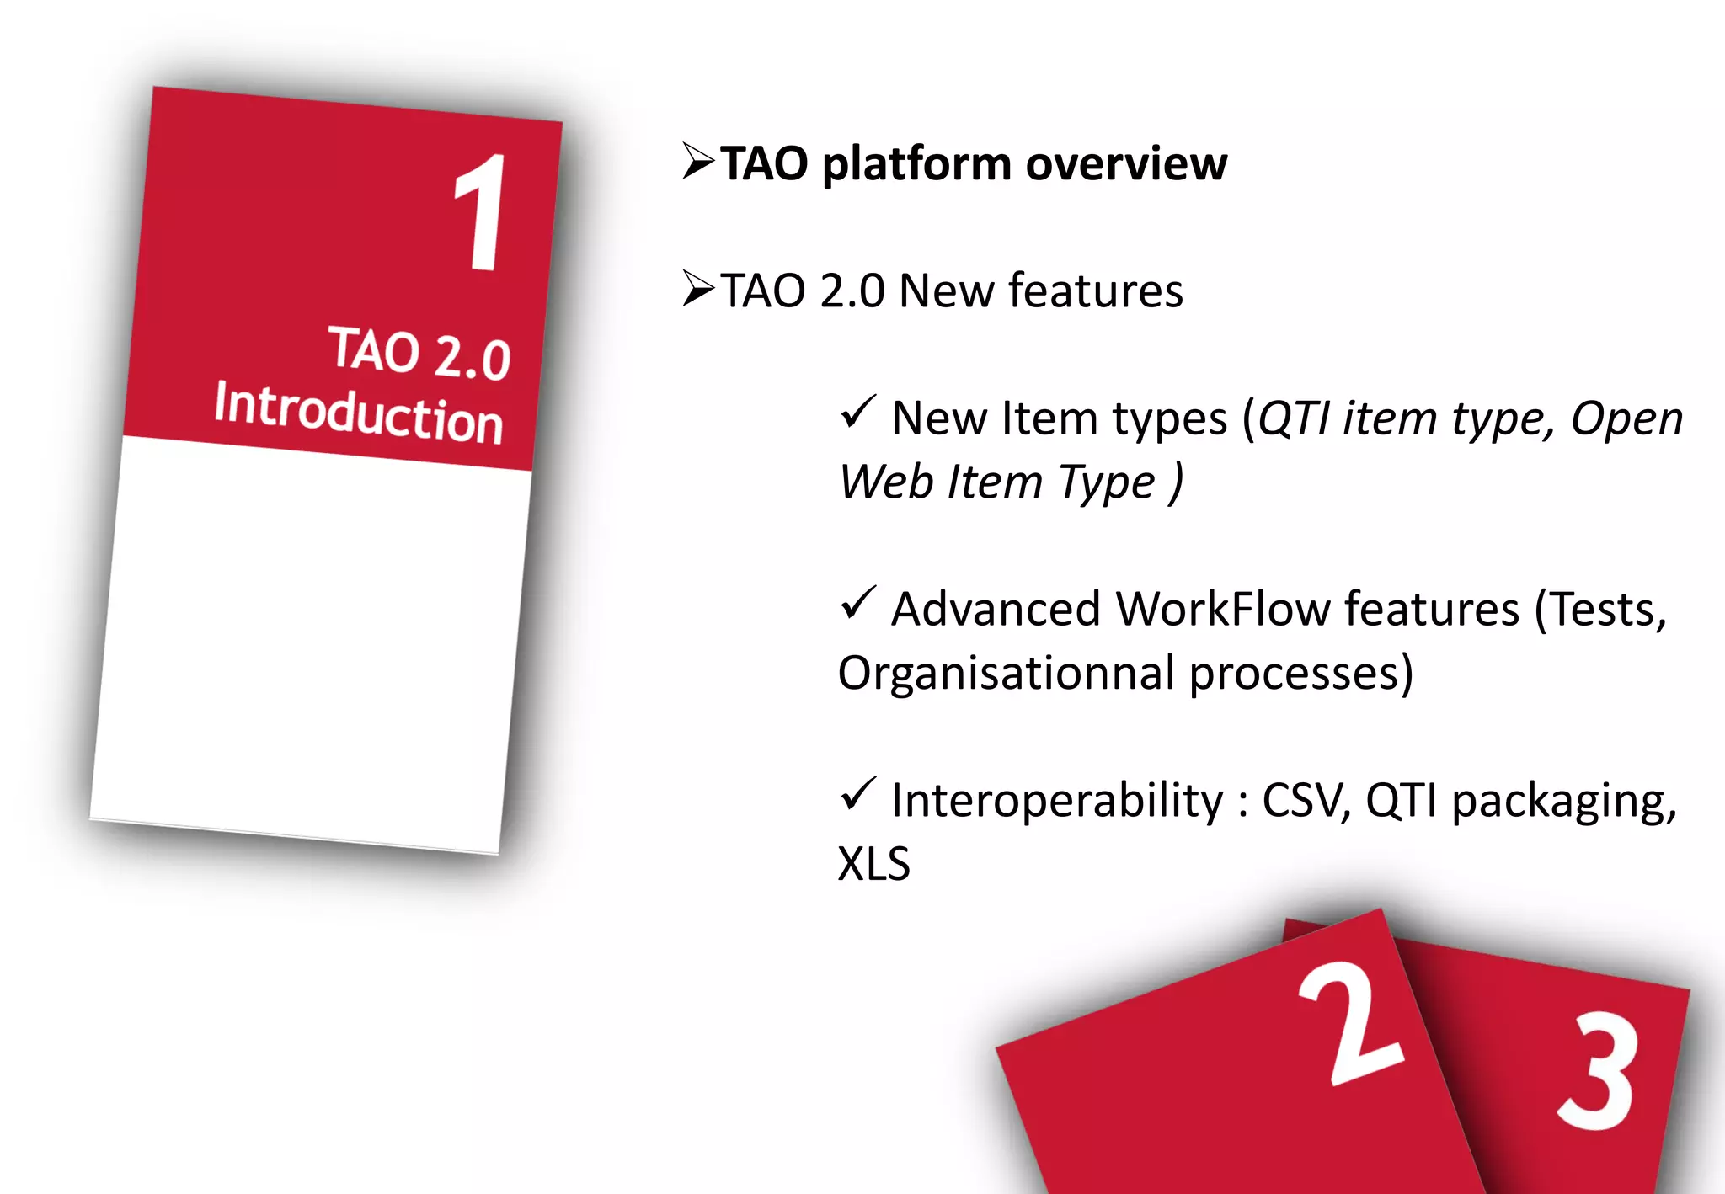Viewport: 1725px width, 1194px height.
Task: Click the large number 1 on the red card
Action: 483,214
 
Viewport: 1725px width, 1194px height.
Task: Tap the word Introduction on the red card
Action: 359,413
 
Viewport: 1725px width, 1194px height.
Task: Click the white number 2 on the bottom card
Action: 1348,1022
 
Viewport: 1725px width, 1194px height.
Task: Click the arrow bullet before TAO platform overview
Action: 698,161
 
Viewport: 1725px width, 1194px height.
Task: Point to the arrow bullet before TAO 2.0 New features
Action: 698,289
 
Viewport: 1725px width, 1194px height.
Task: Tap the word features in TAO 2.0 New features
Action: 1095,291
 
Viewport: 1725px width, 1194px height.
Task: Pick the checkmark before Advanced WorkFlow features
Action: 858,603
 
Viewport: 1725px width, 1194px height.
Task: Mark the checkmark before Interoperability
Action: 858,794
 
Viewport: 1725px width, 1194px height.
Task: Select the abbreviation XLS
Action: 873,864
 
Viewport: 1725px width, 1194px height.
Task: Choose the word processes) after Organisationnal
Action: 1301,674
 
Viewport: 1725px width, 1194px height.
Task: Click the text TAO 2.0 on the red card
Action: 419,354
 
